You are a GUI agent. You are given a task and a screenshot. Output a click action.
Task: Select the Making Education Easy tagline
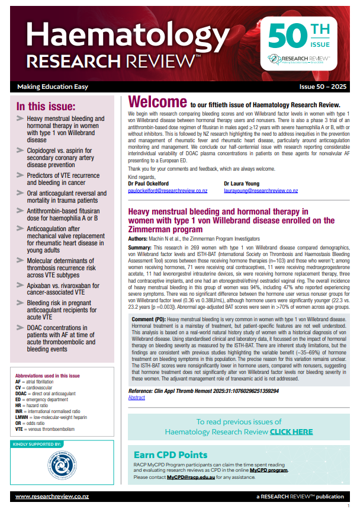click(53, 87)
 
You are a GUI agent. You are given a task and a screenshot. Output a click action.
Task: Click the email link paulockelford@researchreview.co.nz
click(168, 191)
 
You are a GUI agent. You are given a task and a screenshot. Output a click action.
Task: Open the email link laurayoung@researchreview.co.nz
click(261, 191)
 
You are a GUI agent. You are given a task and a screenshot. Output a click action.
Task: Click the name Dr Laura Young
click(243, 184)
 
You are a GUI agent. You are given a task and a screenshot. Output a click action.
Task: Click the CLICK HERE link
click(291, 432)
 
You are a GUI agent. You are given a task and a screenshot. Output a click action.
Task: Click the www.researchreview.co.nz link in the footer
click(44, 496)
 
